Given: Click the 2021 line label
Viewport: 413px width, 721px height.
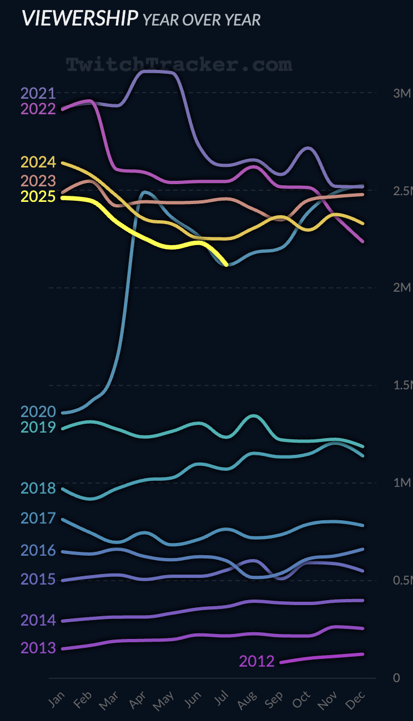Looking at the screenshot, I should tap(38, 93).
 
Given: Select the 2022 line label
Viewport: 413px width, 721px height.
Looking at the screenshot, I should tap(38, 109).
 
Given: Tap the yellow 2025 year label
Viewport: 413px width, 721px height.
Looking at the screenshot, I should tap(38, 197).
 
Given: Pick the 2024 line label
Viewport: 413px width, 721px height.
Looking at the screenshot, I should tap(38, 163).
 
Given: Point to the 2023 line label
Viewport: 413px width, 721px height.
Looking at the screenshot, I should tap(38, 181).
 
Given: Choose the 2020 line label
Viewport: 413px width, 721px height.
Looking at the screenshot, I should tap(38, 412).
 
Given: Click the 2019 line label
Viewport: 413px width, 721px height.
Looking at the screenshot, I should tap(38, 427).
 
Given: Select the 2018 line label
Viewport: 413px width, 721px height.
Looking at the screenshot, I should tap(38, 488).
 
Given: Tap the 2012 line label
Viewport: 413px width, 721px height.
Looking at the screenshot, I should tap(256, 661).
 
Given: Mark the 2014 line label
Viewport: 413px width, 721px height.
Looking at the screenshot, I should tap(38, 620).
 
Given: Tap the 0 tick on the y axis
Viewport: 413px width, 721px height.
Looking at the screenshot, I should tap(396, 678).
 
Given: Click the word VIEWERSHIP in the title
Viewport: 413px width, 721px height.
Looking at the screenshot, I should tap(79, 18).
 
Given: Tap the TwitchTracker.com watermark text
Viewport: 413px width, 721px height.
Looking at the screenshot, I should tap(179, 64).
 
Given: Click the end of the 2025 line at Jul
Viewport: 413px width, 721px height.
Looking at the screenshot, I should tap(226, 264).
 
